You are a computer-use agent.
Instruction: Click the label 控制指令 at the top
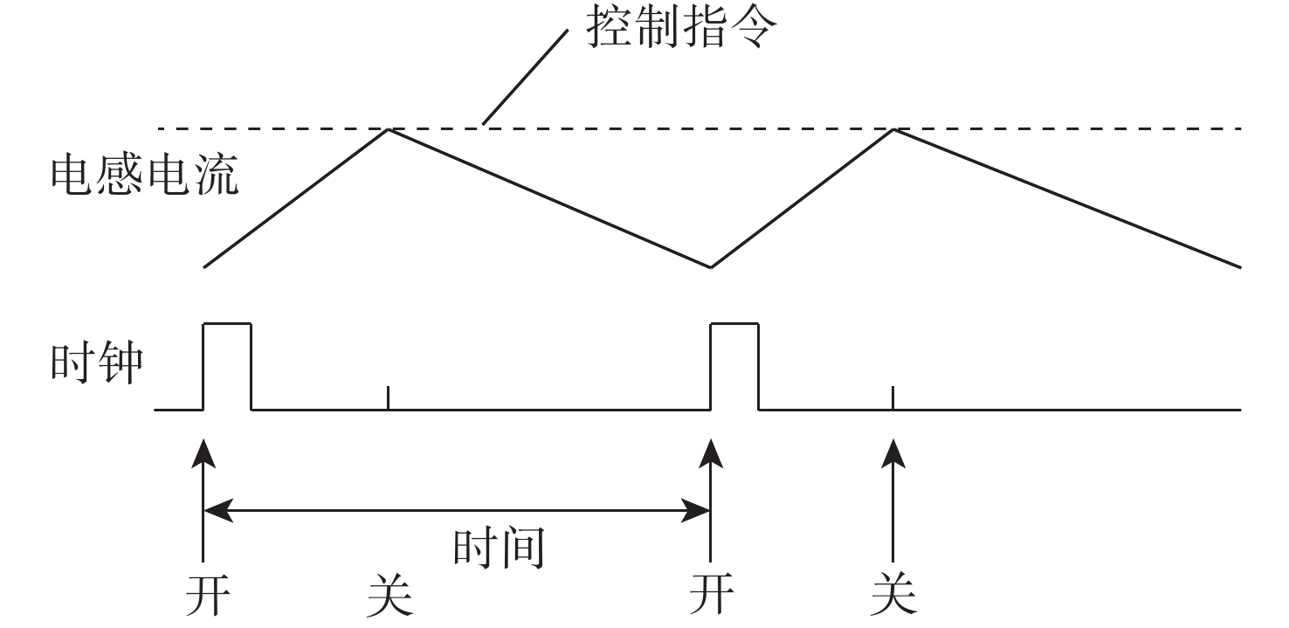(x=681, y=28)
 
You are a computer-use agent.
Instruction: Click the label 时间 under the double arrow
(x=499, y=548)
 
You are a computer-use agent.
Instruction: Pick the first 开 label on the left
(x=208, y=594)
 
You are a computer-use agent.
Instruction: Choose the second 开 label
(x=711, y=594)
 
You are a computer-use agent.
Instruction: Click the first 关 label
(x=390, y=594)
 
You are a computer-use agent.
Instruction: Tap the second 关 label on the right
(x=893, y=594)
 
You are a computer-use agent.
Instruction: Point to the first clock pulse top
(x=227, y=324)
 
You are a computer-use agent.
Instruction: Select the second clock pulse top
(x=734, y=324)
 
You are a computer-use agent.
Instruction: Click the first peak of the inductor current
(x=389, y=129)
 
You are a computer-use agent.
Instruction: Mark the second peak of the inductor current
(x=893, y=129)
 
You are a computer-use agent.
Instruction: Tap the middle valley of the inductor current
(x=711, y=267)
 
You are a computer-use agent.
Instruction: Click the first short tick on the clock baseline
(x=389, y=397)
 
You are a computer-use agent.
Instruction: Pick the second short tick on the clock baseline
(x=893, y=397)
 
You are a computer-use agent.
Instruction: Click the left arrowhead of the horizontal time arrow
(x=218, y=510)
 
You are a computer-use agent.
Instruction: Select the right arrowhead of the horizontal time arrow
(x=696, y=510)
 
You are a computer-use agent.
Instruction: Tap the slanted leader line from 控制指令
(x=526, y=77)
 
